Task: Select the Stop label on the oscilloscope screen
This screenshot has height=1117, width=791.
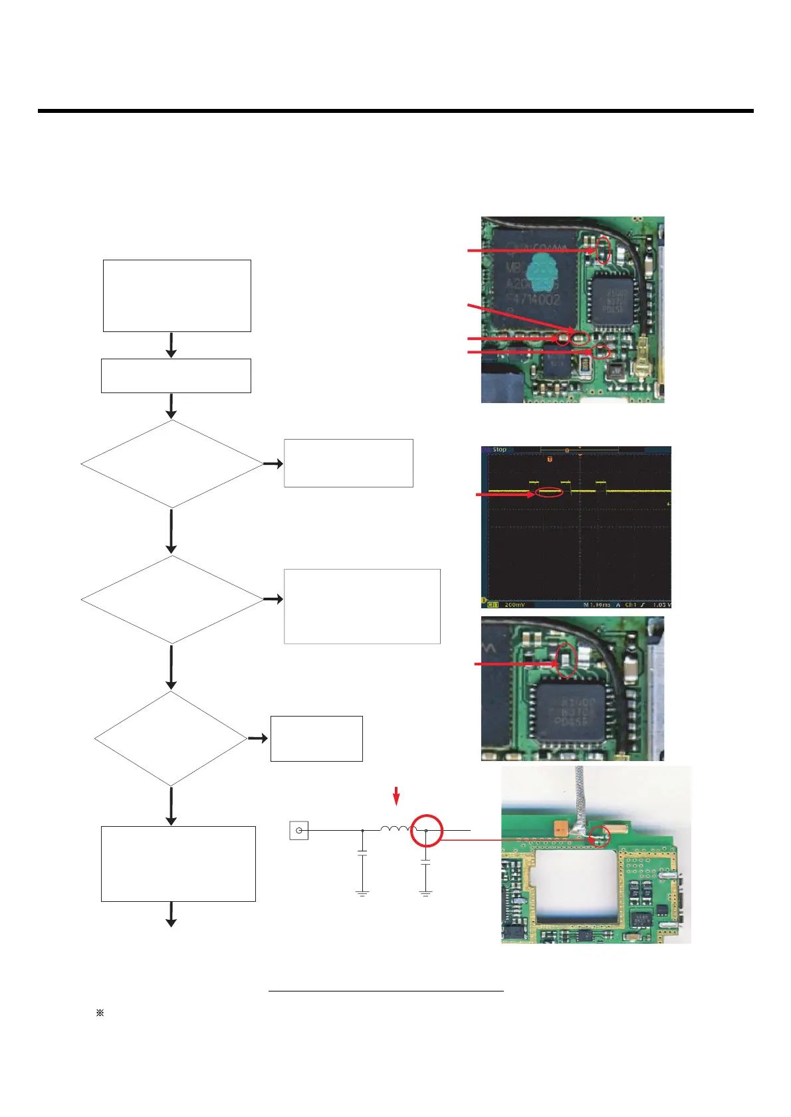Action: coord(499,450)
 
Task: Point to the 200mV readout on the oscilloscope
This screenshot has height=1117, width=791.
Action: coord(514,605)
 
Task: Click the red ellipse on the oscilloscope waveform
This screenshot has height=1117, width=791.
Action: coord(549,492)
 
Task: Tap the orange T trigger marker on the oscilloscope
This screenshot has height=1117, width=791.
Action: coord(550,459)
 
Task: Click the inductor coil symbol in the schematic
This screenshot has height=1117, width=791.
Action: coord(397,829)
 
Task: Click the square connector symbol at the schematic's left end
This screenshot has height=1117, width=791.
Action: coord(299,830)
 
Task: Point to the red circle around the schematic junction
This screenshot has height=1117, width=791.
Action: coord(426,830)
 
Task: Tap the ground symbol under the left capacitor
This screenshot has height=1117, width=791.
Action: coord(362,893)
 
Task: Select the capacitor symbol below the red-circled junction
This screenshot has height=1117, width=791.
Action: coord(426,863)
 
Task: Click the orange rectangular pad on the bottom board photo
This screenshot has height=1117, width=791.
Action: coord(560,827)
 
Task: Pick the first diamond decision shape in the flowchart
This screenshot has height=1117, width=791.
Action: coord(172,464)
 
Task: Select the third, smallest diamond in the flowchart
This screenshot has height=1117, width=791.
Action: coord(171,738)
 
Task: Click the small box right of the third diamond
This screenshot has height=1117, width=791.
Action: coord(316,738)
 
